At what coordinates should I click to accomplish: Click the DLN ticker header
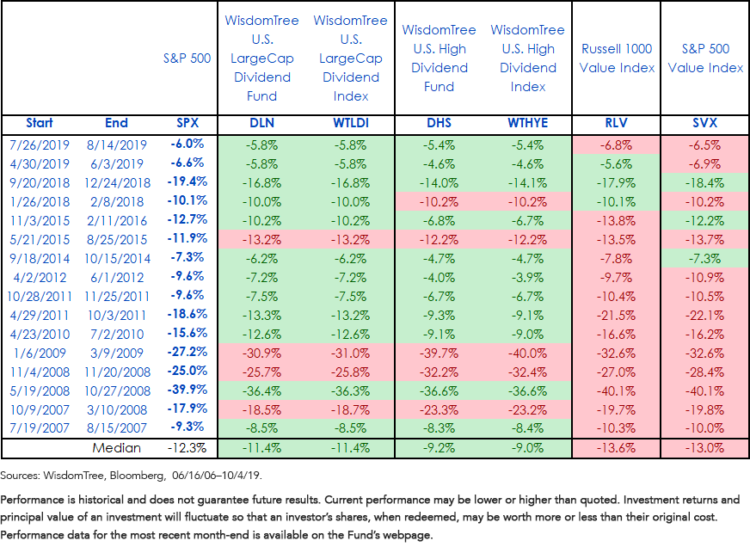pyautogui.click(x=261, y=123)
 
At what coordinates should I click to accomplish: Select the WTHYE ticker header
pyautogui.click(x=527, y=123)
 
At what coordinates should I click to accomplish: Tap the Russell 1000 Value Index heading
pyautogui.click(x=617, y=58)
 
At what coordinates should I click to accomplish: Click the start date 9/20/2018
pyautogui.click(x=40, y=182)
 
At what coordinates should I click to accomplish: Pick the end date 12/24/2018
pyautogui.click(x=117, y=182)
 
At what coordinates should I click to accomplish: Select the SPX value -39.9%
pyautogui.click(x=187, y=390)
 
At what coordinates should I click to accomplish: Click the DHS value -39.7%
pyautogui.click(x=439, y=353)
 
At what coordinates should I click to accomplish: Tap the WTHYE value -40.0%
pyautogui.click(x=527, y=353)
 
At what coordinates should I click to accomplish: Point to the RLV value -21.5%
pyautogui.click(x=616, y=316)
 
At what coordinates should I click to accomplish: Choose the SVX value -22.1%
pyautogui.click(x=704, y=316)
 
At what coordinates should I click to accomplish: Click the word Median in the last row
pyautogui.click(x=117, y=448)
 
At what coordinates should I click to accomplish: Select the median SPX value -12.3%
pyautogui.click(x=187, y=448)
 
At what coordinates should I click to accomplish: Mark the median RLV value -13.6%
pyautogui.click(x=616, y=448)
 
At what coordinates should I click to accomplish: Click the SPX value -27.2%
pyautogui.click(x=187, y=352)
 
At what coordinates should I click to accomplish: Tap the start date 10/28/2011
pyautogui.click(x=40, y=297)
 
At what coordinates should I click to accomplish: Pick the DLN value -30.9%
pyautogui.click(x=261, y=353)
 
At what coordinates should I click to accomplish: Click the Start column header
pyautogui.click(x=40, y=123)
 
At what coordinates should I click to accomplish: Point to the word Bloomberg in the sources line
pyautogui.click(x=136, y=476)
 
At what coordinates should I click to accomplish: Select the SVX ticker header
pyautogui.click(x=704, y=123)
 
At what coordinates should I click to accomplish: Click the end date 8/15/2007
pyautogui.click(x=117, y=428)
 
